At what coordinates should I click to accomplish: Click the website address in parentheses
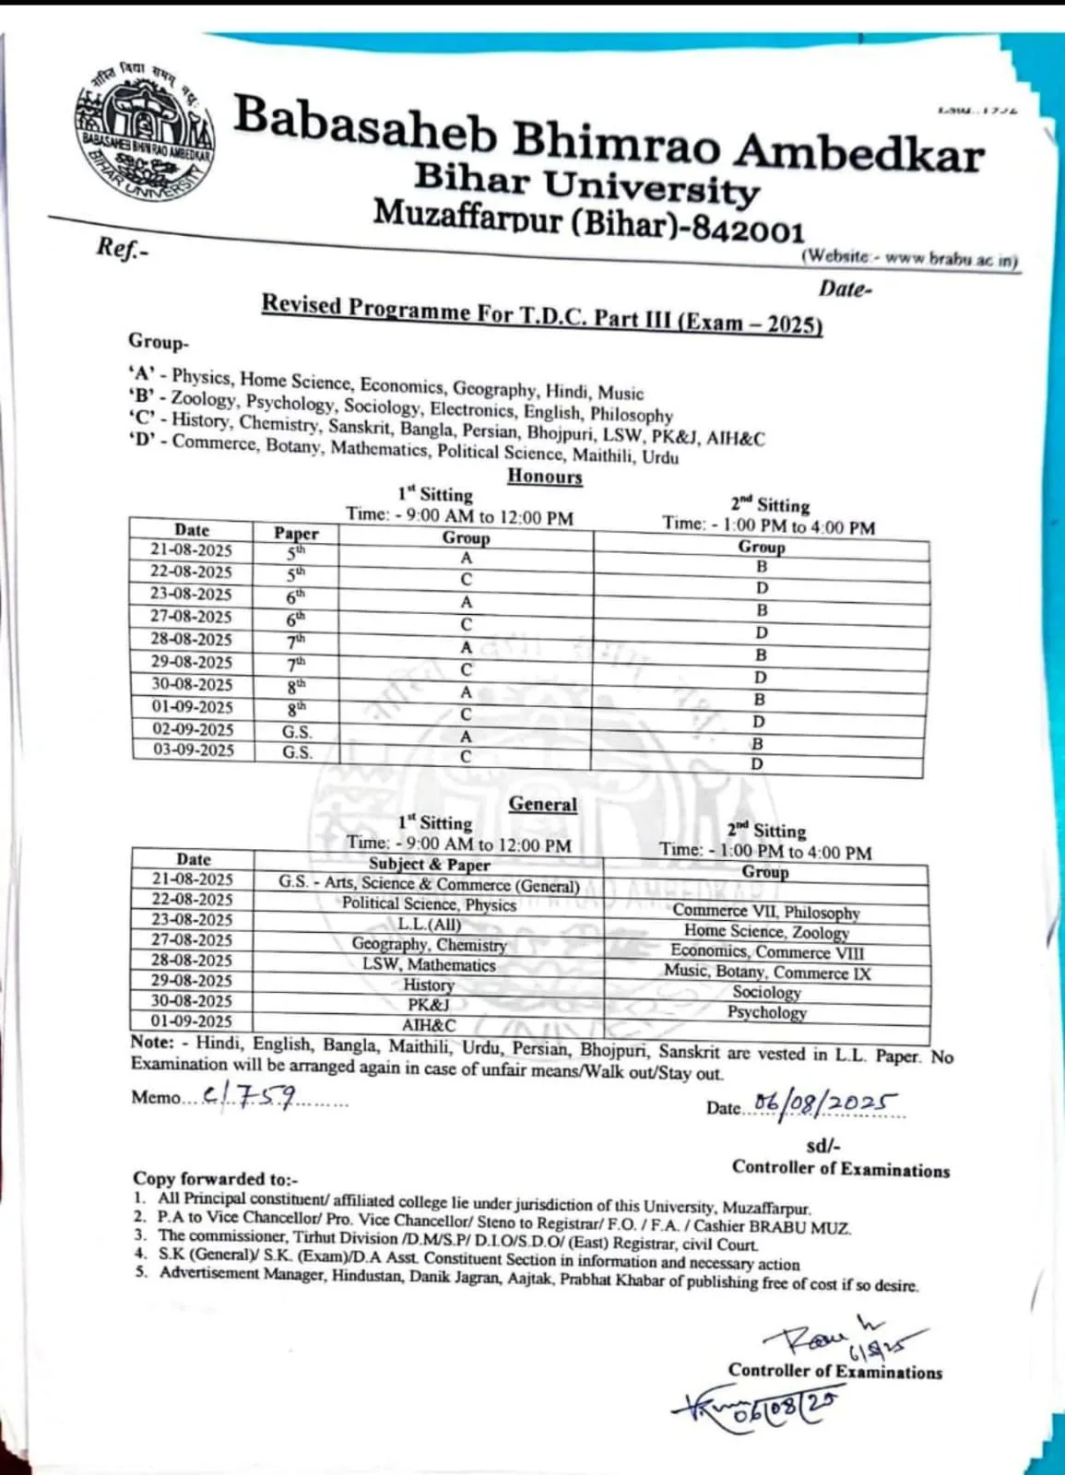909,258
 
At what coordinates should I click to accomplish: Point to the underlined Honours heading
545,477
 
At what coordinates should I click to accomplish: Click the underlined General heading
543,804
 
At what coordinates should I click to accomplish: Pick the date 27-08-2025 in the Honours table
192,617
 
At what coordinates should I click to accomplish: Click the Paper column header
296,533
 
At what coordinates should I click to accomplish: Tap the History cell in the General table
429,985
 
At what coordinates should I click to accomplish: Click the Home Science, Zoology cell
766,932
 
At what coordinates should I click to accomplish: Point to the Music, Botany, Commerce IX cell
767,973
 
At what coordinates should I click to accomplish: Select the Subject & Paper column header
430,864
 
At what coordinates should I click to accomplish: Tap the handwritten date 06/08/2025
825,1103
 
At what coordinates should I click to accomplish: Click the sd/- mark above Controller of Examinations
822,1146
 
